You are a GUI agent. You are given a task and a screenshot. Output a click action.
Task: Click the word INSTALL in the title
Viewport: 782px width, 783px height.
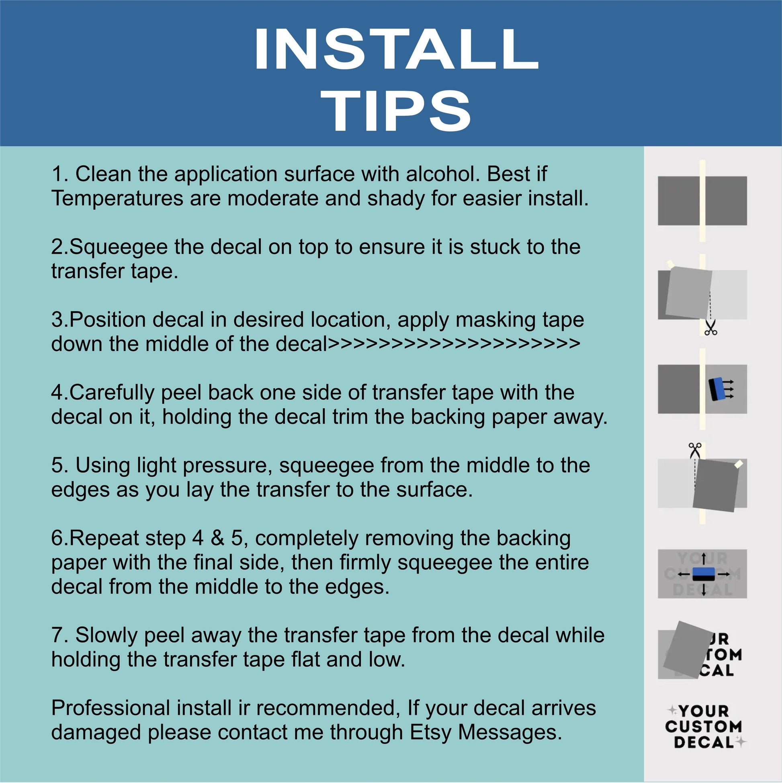[x=396, y=50]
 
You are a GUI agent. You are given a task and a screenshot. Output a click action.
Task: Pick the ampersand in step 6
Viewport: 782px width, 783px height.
[x=217, y=539]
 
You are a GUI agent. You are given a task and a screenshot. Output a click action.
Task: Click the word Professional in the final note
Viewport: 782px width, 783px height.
[x=111, y=709]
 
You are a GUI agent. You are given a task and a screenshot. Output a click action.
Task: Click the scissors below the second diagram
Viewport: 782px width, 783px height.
[x=711, y=328]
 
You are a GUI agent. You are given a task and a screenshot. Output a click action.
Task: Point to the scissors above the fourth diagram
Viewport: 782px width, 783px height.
[x=695, y=451]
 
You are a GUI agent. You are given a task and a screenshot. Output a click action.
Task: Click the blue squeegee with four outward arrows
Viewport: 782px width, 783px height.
[x=703, y=574]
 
